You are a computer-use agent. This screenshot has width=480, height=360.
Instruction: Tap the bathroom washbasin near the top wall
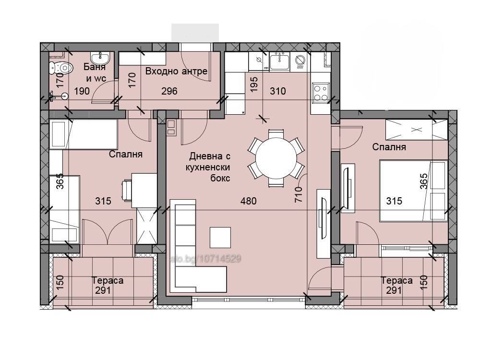pyautogui.click(x=99, y=57)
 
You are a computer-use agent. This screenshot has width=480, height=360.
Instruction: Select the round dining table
pyautogui.click(x=276, y=158)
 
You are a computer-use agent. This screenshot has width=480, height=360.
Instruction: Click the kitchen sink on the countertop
pyautogui.click(x=279, y=61)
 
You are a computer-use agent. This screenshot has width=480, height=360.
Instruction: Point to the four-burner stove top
pyautogui.click(x=321, y=93)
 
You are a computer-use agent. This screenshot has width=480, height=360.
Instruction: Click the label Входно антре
pyautogui.click(x=176, y=72)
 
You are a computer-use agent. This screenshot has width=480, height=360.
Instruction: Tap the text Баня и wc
pyautogui.click(x=95, y=72)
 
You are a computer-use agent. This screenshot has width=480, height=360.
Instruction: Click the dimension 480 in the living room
pyautogui.click(x=248, y=201)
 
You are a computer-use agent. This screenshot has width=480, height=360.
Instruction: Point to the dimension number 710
pyautogui.click(x=299, y=194)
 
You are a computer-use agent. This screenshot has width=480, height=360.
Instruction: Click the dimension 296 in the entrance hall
pyautogui.click(x=169, y=91)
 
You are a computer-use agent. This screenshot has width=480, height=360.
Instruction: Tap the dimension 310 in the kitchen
pyautogui.click(x=277, y=91)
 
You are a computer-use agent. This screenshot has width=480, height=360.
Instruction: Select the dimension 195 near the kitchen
pyautogui.click(x=254, y=84)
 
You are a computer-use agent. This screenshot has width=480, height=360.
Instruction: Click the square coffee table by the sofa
pyautogui.click(x=220, y=237)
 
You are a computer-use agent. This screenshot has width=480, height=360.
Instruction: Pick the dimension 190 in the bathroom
pyautogui.click(x=82, y=91)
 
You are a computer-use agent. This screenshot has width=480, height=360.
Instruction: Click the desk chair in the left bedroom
pyautogui.click(x=127, y=191)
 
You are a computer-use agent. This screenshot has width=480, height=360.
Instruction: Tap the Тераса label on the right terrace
pyautogui.click(x=396, y=280)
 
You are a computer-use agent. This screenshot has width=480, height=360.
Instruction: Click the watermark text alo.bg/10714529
pyautogui.click(x=205, y=259)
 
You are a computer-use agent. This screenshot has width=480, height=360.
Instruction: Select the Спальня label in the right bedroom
pyautogui.click(x=389, y=147)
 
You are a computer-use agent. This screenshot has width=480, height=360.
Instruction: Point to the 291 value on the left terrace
pyautogui.click(x=103, y=290)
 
